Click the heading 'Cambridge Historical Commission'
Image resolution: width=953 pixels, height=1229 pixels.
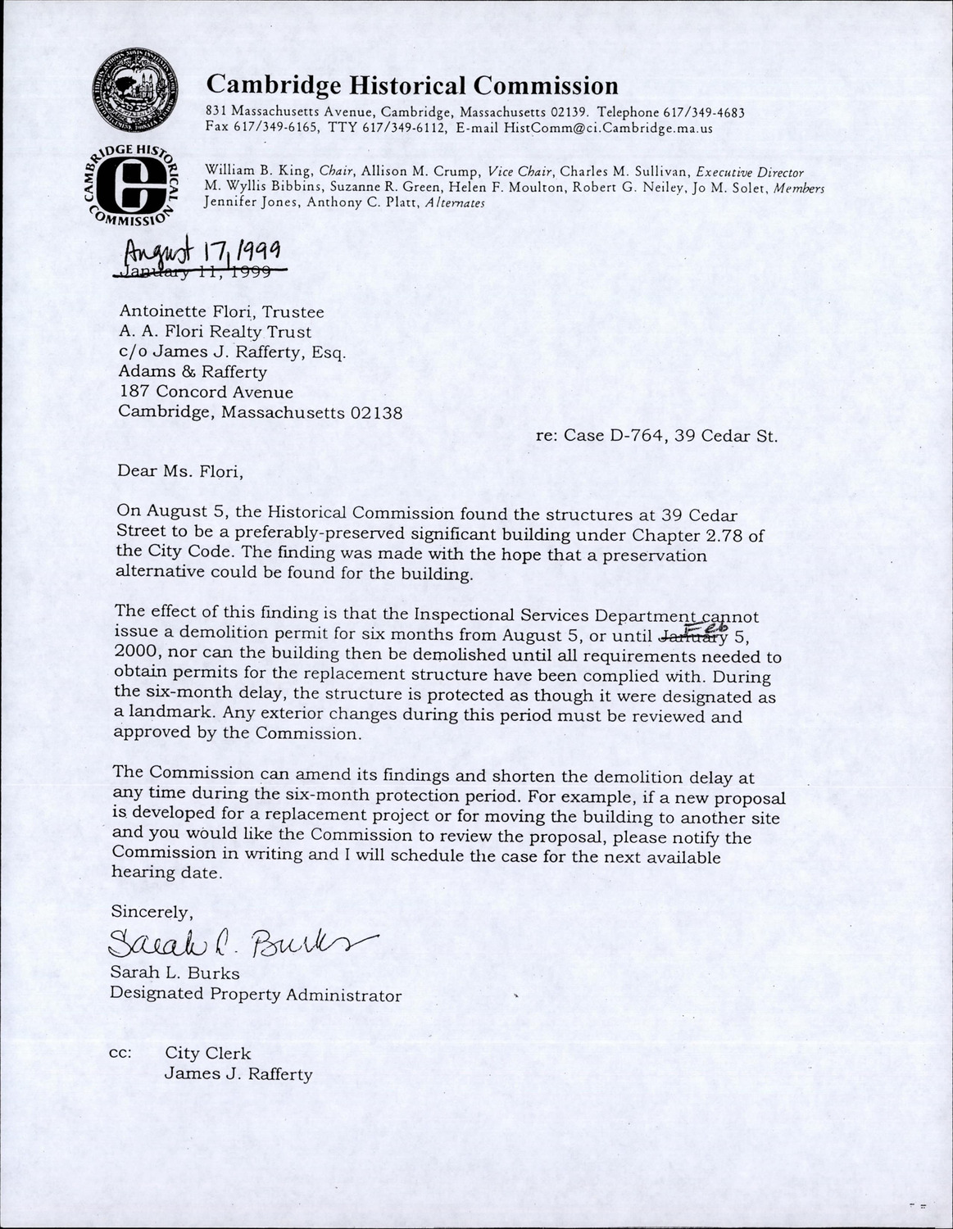412,85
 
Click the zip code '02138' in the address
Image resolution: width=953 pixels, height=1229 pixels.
376,414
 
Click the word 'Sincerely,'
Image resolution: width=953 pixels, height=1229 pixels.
152,912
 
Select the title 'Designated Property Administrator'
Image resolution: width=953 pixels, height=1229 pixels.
256,995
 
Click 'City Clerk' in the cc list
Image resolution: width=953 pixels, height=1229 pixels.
208,1053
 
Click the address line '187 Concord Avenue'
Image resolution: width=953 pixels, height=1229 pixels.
206,392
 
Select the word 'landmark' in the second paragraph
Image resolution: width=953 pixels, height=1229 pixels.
161,715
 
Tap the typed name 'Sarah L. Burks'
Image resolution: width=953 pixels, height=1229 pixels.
175,974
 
